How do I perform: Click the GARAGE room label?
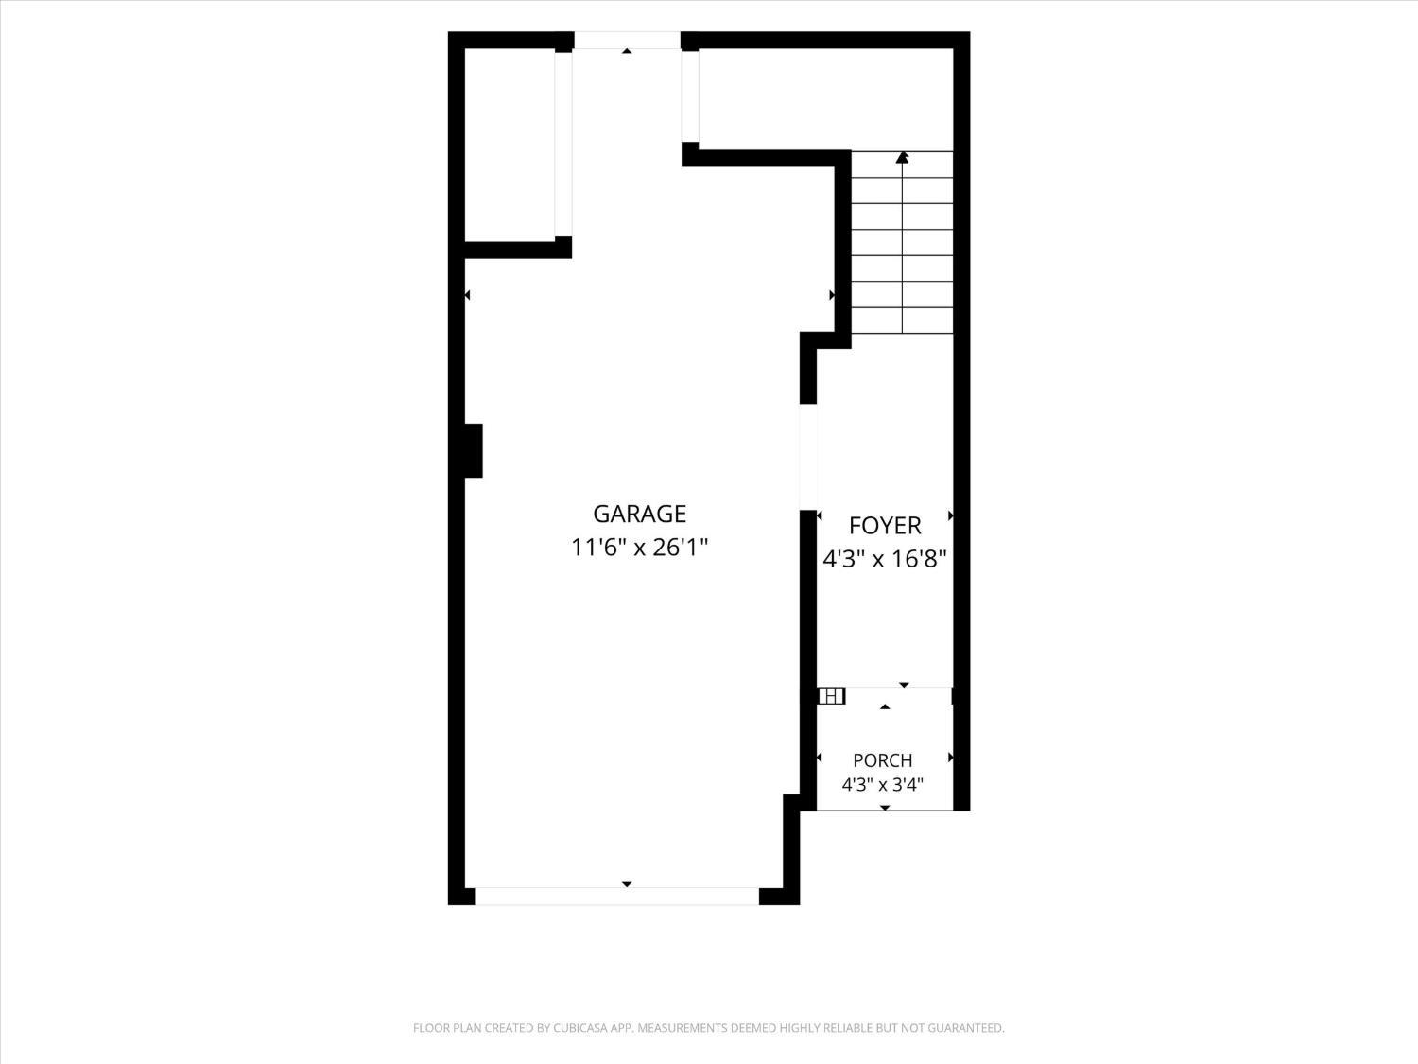(639, 514)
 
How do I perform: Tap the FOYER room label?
(885, 526)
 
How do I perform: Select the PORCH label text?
(882, 760)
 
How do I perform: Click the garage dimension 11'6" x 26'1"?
(639, 548)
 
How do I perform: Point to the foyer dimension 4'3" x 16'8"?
(885, 558)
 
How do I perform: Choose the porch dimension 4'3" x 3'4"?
(882, 785)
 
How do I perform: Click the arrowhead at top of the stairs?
(903, 157)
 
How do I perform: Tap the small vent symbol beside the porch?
(831, 696)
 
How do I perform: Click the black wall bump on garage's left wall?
(473, 451)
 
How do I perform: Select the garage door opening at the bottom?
(617, 896)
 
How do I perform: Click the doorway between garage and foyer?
(808, 457)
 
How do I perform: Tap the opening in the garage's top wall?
(628, 40)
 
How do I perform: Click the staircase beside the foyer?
(903, 242)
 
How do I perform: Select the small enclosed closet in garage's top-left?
(510, 145)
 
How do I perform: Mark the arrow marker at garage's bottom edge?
(627, 883)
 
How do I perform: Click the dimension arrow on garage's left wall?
(467, 295)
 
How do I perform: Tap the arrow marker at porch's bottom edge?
(885, 808)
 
